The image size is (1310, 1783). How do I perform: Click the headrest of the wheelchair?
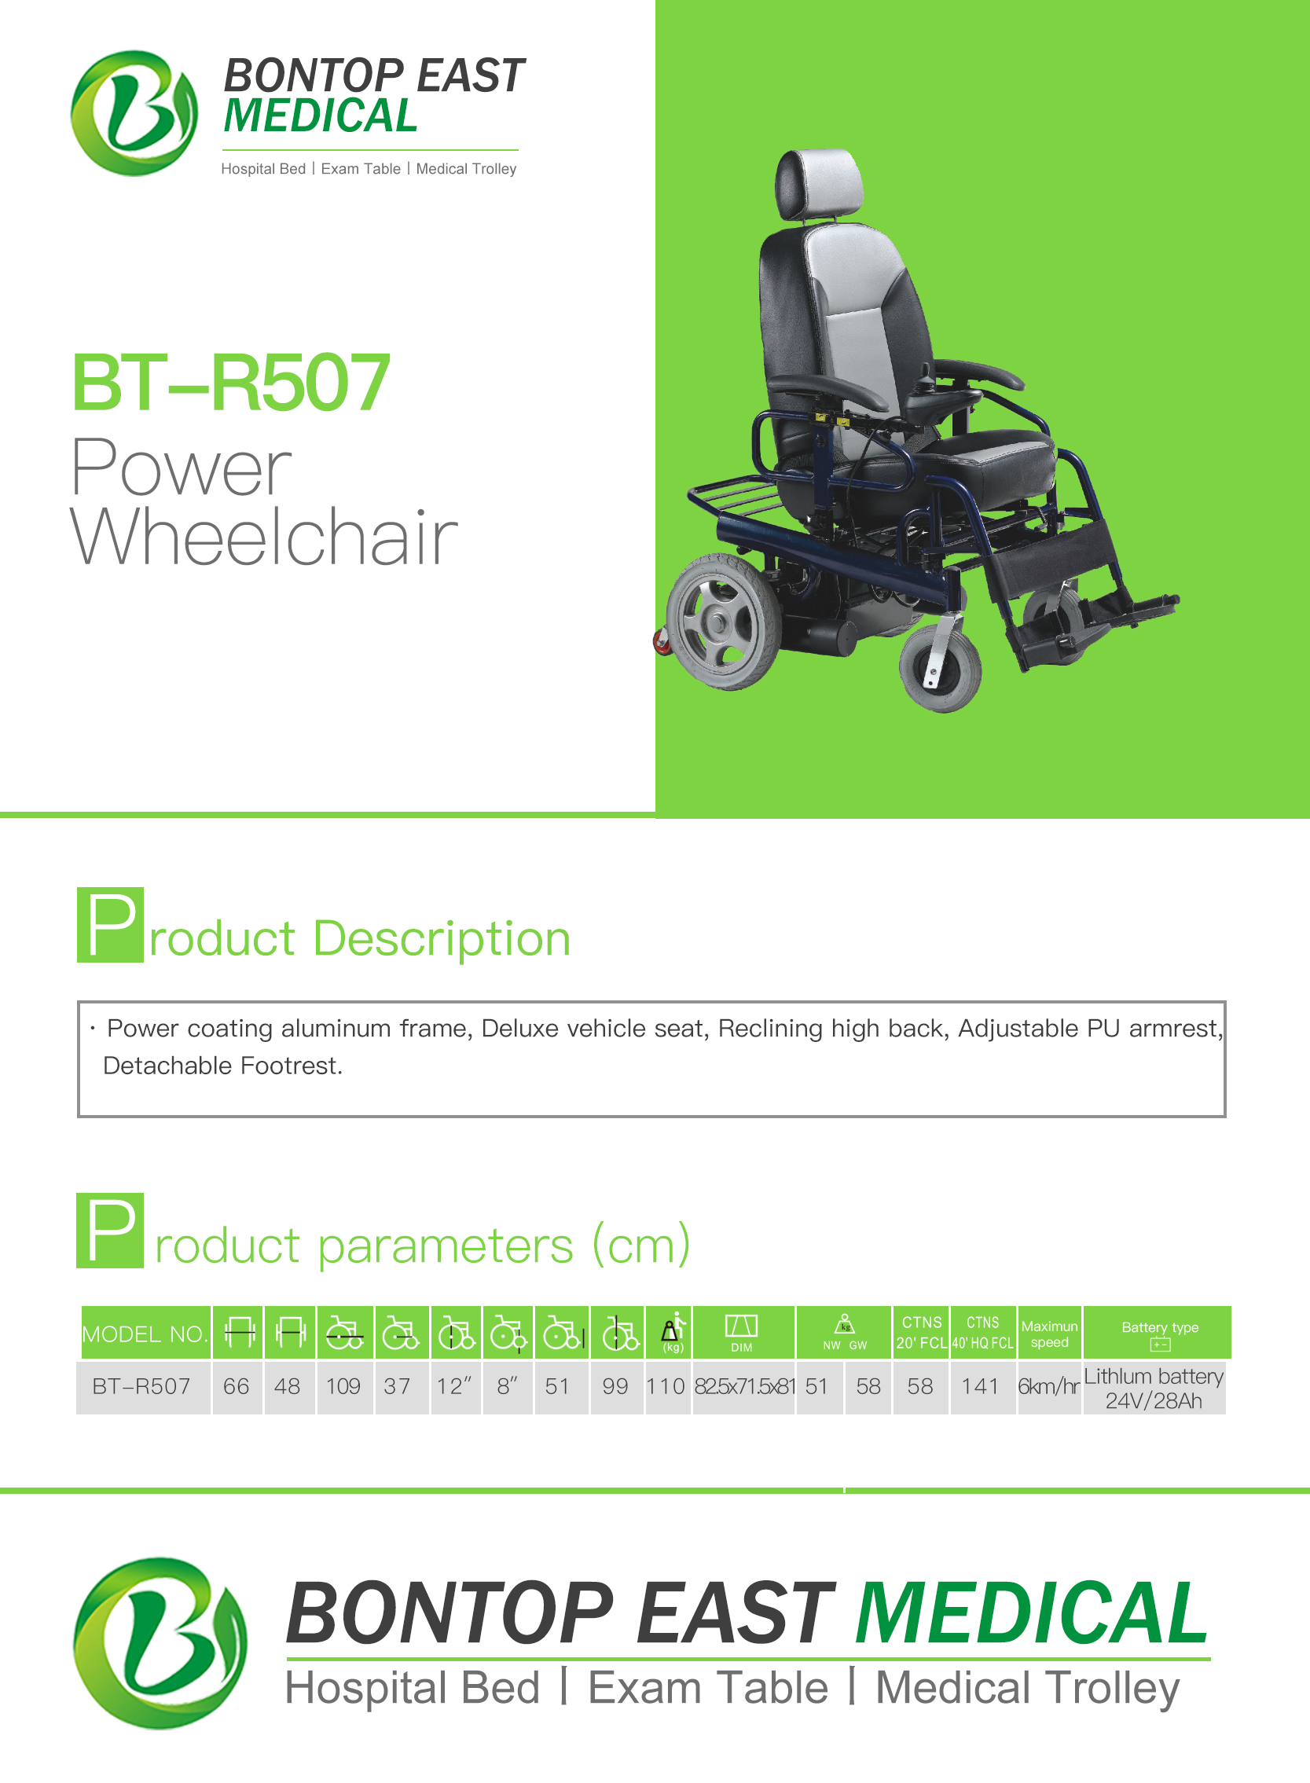coord(819,184)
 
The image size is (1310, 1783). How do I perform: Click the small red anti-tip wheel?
coord(662,641)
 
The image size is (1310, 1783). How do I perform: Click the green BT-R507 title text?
coord(231,383)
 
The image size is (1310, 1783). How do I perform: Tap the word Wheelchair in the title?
coord(264,537)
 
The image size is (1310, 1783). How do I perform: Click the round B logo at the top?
coord(134,112)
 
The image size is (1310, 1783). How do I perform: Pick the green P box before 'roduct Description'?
coord(110,924)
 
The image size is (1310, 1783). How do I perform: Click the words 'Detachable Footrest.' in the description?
coord(223,1066)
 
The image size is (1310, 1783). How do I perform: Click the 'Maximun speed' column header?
coord(1049,1334)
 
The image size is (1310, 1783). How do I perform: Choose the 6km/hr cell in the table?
coord(1049,1387)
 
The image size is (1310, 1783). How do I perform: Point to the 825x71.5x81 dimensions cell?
coord(744,1387)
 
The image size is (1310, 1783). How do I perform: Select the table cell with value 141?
coord(981,1387)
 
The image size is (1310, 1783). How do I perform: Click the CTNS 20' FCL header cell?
coord(922,1333)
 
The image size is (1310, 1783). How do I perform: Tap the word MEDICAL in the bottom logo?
coord(1032,1612)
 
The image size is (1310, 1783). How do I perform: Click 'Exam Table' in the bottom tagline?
coord(708,1688)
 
